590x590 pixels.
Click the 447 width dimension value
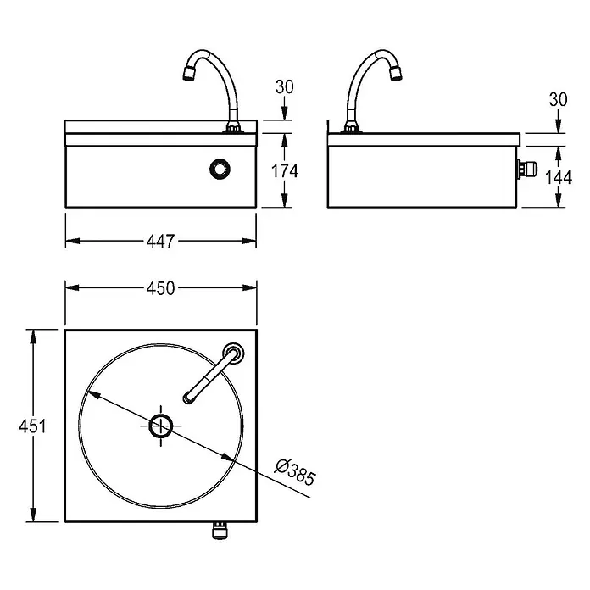pyautogui.click(x=161, y=242)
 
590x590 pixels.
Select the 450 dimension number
pyautogui.click(x=161, y=288)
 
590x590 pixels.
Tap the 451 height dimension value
pyautogui.click(x=33, y=426)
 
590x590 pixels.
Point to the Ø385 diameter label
pyautogui.click(x=295, y=472)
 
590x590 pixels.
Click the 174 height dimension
pyautogui.click(x=285, y=171)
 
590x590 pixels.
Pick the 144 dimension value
pyautogui.click(x=559, y=177)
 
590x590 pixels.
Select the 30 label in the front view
pyautogui.click(x=285, y=87)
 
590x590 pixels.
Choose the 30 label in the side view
pyautogui.click(x=559, y=100)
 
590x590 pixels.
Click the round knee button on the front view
pyautogui.click(x=220, y=170)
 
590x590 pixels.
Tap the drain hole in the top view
pyautogui.click(x=161, y=426)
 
